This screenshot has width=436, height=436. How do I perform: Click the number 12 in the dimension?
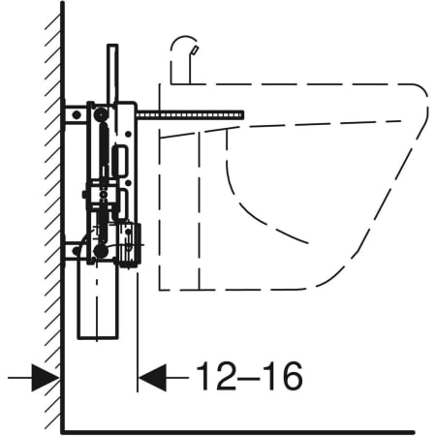pyautogui.click(x=217, y=376)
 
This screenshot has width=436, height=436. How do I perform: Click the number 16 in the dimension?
pyautogui.click(x=283, y=376)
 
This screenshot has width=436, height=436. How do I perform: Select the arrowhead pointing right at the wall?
pyautogui.click(x=46, y=377)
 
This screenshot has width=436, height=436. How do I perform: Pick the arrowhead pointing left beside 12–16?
pyautogui.click(x=152, y=377)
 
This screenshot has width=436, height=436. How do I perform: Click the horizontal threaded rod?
pyautogui.click(x=190, y=115)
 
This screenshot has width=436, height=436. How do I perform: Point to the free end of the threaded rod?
pyautogui.click(x=243, y=115)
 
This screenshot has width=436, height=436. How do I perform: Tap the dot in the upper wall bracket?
pyautogui.click(x=77, y=114)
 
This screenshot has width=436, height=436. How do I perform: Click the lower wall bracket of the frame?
pyautogui.click(x=74, y=251)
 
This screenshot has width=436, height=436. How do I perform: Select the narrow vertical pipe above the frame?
pyautogui.click(x=112, y=75)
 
